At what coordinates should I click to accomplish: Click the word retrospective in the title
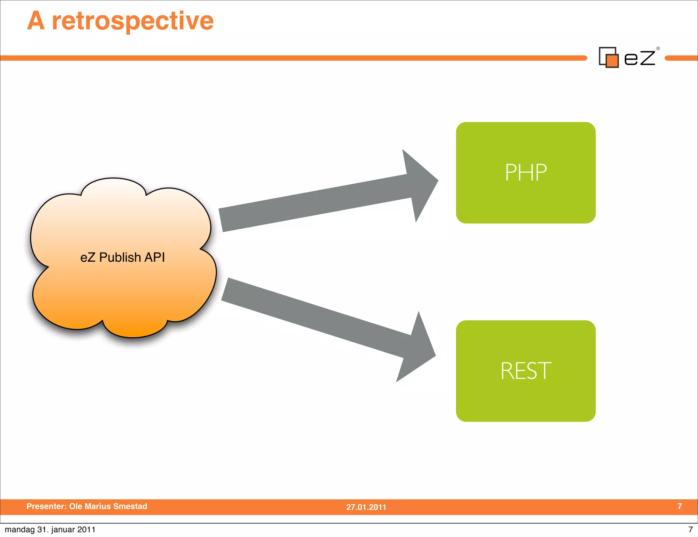tap(133, 21)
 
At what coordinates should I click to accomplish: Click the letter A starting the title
tap(36, 21)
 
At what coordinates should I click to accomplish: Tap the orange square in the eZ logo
tap(612, 61)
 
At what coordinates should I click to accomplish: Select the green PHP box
tap(526, 173)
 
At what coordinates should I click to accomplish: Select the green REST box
tap(526, 371)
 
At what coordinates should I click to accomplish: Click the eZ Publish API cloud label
tap(122, 257)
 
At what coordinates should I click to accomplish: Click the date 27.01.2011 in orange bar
tap(366, 507)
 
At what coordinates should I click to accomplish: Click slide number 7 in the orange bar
tap(680, 506)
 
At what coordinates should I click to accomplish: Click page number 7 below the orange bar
tap(691, 530)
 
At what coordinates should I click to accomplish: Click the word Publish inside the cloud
tap(120, 257)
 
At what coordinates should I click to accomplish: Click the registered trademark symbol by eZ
tap(658, 48)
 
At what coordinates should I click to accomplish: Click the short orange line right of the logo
tap(681, 58)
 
